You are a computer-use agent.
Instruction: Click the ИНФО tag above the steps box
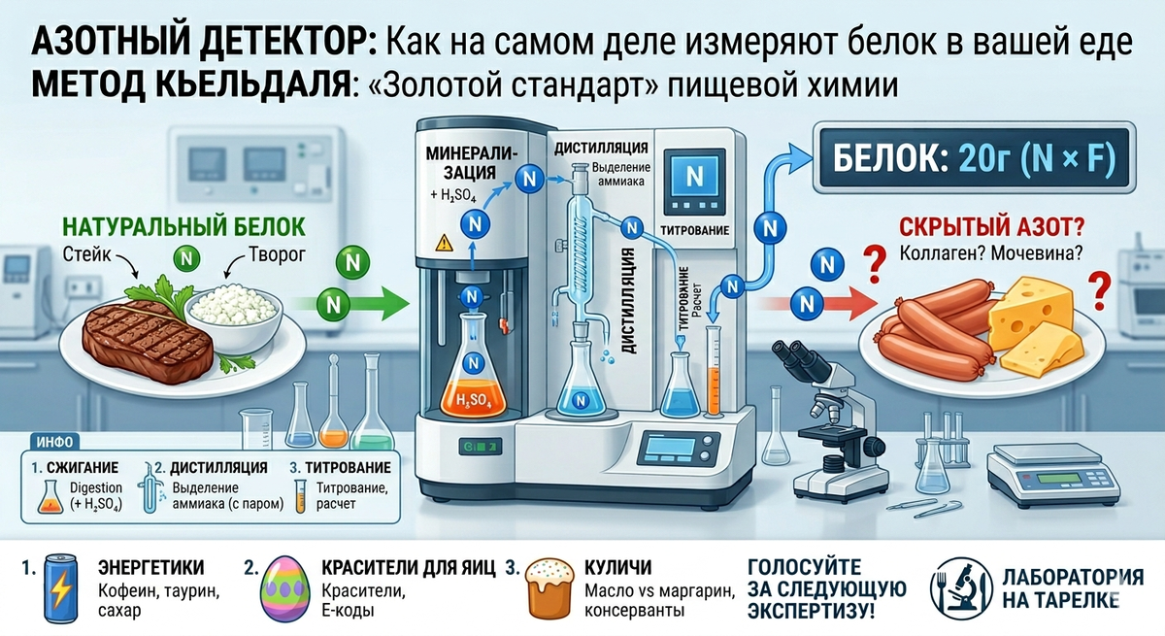(53, 440)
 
